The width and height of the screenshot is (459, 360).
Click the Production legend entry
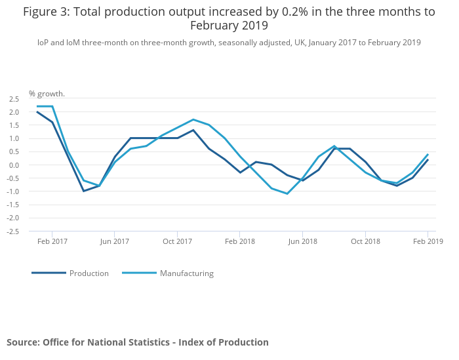[89, 273]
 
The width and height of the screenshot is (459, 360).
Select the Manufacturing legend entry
[186, 273]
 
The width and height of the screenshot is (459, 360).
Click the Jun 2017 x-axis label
[114, 241]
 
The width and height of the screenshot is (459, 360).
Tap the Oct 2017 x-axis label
[177, 241]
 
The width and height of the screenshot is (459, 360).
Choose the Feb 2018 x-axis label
[239, 241]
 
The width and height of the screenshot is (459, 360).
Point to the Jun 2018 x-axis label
[302, 241]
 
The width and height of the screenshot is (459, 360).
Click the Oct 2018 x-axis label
[365, 241]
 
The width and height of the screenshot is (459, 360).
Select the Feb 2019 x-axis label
[428, 241]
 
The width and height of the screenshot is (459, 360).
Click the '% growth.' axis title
[47, 94]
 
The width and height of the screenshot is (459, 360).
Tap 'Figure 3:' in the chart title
[45, 11]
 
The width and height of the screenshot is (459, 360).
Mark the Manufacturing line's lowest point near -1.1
[287, 193]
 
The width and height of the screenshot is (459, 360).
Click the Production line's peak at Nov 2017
[193, 130]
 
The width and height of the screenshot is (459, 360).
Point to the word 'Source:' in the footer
[23, 342]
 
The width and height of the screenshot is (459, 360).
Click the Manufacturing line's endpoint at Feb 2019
[428, 155]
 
